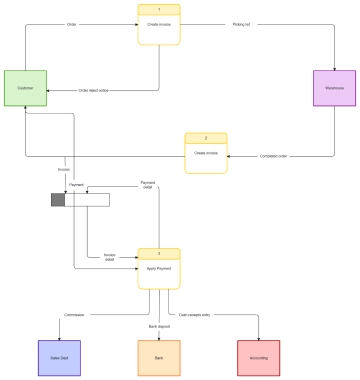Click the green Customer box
(x=24, y=88)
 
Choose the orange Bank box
(x=157, y=357)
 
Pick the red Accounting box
(x=258, y=357)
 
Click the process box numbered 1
(x=158, y=25)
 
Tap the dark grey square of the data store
(x=58, y=200)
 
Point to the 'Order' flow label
(x=71, y=22)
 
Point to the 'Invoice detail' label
(x=110, y=257)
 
